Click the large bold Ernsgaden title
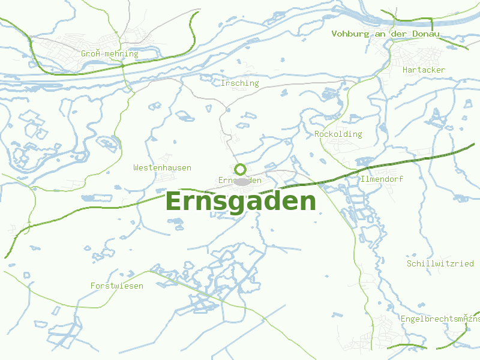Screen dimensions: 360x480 [240, 202]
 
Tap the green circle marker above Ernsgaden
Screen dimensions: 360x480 [241, 169]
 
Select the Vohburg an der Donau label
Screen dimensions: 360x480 [385, 34]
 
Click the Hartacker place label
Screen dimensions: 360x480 [424, 70]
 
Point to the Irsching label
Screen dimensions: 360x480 [239, 83]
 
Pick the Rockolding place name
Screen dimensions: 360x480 [338, 134]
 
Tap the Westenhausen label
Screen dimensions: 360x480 [162, 168]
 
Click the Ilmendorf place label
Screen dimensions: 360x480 [382, 179]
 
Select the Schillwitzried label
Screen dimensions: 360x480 [440, 264]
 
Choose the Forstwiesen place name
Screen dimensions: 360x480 [117, 286]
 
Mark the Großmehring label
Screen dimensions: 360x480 [110, 54]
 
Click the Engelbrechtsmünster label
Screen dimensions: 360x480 [440, 319]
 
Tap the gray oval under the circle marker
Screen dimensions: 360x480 [241, 181]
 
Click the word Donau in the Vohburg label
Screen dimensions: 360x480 [425, 34]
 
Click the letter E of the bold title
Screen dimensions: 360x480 [174, 202]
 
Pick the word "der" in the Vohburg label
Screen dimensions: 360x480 [398, 34]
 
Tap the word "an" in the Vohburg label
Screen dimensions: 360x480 [379, 34]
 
